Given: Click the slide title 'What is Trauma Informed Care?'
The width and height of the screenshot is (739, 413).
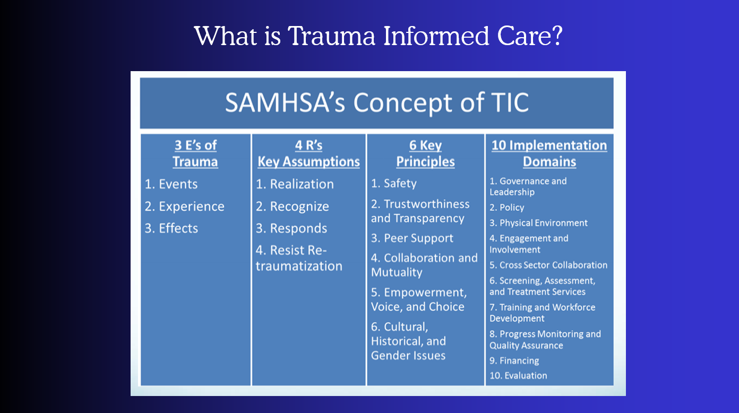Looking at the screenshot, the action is pos(379,36).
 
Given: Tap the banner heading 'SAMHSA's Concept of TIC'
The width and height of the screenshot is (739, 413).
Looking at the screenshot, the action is pos(376,102).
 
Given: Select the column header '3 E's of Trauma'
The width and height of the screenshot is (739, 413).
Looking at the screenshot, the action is pos(195,153).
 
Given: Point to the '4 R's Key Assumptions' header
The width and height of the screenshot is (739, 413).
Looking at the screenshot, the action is pos(308,153).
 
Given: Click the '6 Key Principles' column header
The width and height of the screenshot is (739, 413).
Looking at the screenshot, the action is pos(425,153).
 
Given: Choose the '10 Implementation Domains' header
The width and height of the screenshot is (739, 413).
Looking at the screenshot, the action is pos(549,153).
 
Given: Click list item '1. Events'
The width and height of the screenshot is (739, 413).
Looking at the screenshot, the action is pos(171,184).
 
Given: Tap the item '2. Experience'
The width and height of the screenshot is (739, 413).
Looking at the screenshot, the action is pos(185,206).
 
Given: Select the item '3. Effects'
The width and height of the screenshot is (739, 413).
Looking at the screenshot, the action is pos(171,228).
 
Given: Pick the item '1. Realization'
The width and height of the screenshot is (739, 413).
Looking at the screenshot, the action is pos(295,184).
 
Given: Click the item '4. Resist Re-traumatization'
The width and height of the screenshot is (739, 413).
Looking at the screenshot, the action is pos(299,258).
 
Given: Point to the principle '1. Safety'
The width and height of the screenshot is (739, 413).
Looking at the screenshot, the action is pos(393,183).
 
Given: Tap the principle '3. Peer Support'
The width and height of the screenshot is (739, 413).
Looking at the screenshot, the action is pos(412,238).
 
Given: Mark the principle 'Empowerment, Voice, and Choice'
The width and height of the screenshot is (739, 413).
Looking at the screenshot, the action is pos(418,299).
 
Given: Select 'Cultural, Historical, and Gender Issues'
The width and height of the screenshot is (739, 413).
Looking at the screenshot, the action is pos(408,341).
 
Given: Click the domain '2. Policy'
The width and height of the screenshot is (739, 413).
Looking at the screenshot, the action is pos(506,208).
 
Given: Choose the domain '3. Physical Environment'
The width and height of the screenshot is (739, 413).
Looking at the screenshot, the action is pos(538,223).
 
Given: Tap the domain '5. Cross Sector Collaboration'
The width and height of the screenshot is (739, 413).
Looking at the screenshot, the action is pos(548,265).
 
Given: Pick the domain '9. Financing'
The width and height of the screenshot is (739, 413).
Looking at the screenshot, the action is pos(514,360).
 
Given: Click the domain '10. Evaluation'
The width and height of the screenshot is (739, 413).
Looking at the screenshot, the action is pos(518,375).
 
